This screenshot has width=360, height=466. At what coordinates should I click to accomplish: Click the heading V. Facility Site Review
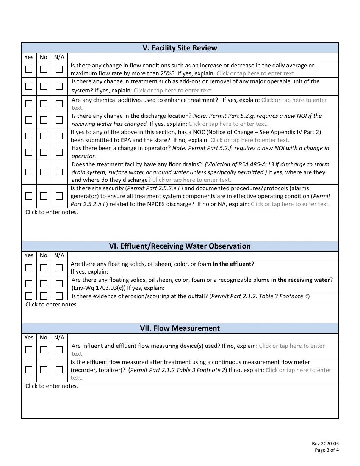[180, 48]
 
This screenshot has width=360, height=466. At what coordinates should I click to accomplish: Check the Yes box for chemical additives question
[29, 104]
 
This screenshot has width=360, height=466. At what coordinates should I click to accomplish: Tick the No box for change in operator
[44, 152]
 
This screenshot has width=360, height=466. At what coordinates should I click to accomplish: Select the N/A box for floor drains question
[59, 172]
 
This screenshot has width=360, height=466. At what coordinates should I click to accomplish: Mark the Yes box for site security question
[29, 196]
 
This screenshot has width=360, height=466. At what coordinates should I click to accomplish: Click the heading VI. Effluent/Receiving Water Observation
[180, 246]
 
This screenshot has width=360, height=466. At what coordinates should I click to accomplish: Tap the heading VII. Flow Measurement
[180, 328]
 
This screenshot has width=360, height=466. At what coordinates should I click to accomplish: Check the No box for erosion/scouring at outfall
[44, 296]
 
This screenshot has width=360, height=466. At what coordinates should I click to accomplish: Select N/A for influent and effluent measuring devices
[59, 349]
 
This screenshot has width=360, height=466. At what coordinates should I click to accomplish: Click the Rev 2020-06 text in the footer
[325, 444]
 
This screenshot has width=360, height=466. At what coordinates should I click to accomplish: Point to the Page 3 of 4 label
[327, 450]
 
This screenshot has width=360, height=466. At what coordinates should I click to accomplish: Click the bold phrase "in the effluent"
[232, 264]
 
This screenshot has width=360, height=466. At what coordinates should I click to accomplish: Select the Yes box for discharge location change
[29, 120]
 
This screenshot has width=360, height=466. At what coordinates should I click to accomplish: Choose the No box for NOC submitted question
[44, 136]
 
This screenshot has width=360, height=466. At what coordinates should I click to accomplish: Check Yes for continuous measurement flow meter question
[29, 370]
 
